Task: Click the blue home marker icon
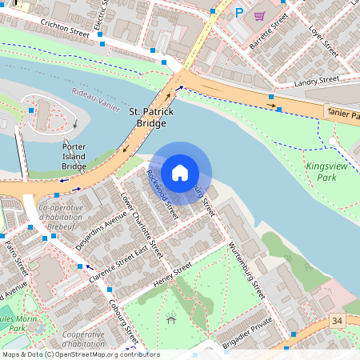click(180, 173)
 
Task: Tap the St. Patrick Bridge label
click(151, 118)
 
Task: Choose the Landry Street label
click(318, 81)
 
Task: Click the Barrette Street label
click(268, 31)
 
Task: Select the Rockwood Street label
click(161, 194)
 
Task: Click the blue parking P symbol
click(238, 13)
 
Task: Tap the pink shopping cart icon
click(259, 15)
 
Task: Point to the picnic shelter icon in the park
click(171, 319)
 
